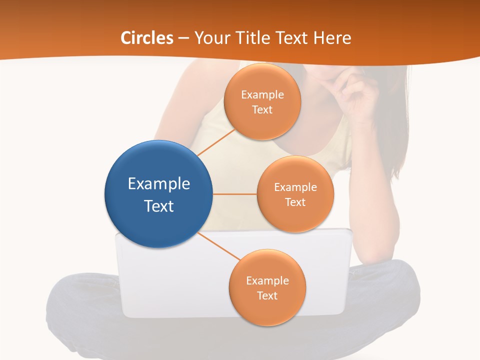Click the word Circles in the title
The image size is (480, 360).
[147, 38]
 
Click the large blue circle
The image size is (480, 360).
[158, 165]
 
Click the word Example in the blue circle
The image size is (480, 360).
[158, 184]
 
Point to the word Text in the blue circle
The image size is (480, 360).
[158, 206]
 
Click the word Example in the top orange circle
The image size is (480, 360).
[262, 95]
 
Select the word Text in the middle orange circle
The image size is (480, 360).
[295, 202]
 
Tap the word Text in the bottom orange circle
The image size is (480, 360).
[267, 295]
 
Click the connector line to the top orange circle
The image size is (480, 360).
[216, 142]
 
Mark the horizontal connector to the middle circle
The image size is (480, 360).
[235, 194]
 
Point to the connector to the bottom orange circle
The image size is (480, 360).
[220, 246]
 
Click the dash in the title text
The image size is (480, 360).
[183, 38]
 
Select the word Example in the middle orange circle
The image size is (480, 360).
[295, 187]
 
